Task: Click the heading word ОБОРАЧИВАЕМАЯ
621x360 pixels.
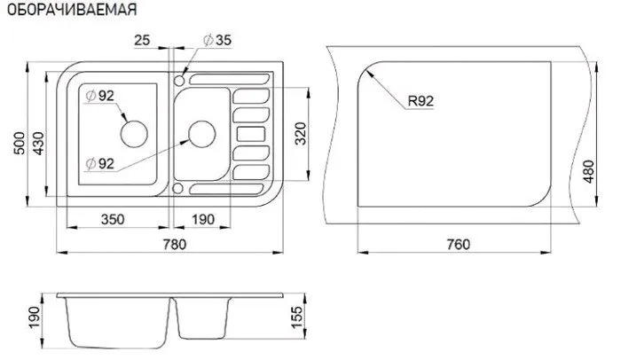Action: tap(72, 9)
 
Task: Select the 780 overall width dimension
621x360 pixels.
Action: tap(174, 244)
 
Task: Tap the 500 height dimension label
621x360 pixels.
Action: tap(19, 143)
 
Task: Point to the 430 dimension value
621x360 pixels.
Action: tap(38, 143)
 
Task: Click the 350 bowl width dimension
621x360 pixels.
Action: tap(113, 219)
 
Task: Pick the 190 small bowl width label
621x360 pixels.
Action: tap(203, 219)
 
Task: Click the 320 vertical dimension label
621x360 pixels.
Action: tap(301, 134)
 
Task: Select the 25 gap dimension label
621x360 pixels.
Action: tap(142, 40)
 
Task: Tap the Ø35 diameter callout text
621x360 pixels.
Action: tap(217, 40)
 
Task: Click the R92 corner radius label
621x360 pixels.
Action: tap(421, 101)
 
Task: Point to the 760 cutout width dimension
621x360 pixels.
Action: tap(459, 245)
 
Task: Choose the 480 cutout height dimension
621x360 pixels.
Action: tap(589, 171)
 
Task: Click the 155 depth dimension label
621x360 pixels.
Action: tap(296, 317)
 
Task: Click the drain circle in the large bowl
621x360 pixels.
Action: tap(134, 134)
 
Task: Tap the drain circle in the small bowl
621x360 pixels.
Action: tap(202, 134)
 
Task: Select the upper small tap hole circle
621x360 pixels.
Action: tap(179, 81)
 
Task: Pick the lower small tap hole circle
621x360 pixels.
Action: tap(177, 188)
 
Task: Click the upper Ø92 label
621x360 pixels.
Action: tap(99, 96)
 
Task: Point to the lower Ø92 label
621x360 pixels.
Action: tap(99, 163)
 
